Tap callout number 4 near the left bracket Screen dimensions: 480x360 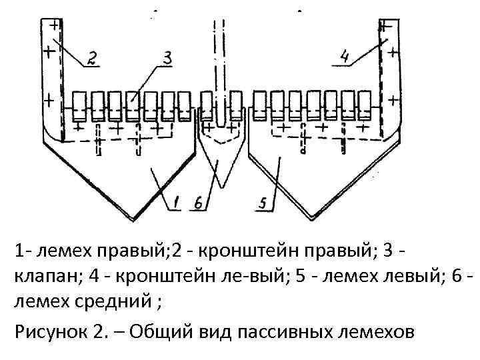coord(344,58)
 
